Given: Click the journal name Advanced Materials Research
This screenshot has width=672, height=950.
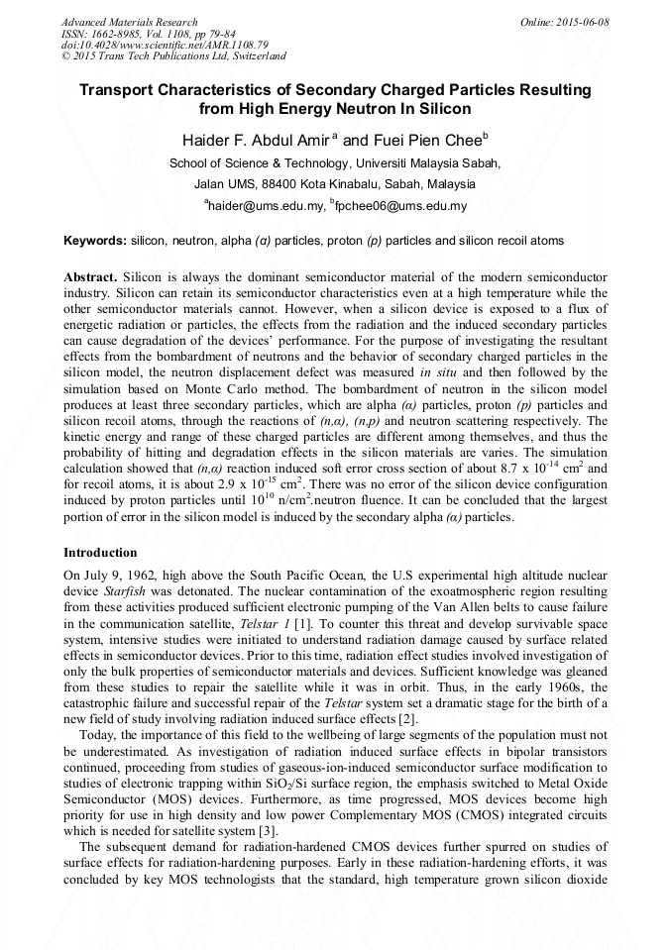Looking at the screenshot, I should pos(129,22).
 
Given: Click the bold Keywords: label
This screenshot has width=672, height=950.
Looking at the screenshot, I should pos(95,241).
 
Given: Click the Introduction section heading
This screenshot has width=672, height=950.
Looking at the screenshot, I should pos(100,553).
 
